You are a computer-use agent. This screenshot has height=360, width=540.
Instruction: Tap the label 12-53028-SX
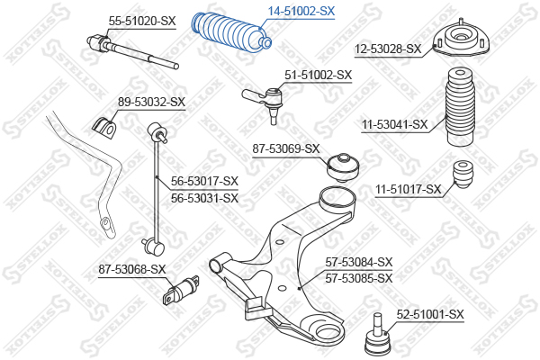pos(387,49)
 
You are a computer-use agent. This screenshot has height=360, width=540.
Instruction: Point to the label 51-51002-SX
pos(318,76)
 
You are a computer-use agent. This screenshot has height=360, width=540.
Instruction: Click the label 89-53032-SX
pos(151,102)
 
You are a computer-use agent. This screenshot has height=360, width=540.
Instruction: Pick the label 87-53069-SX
pos(286,148)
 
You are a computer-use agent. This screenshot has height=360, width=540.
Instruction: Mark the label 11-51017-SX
pos(408,189)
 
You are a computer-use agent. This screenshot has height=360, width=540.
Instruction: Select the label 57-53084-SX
pos(359,262)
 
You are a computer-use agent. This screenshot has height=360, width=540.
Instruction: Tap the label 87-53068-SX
pos(132,269)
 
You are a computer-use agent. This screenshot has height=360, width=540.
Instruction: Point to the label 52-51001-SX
pos(430,314)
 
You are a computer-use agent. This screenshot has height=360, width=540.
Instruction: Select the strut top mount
pos(457,41)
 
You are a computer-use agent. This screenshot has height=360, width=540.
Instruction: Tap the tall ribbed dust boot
pos(457,113)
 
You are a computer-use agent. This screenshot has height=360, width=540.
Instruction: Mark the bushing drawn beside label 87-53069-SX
pos(343,164)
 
